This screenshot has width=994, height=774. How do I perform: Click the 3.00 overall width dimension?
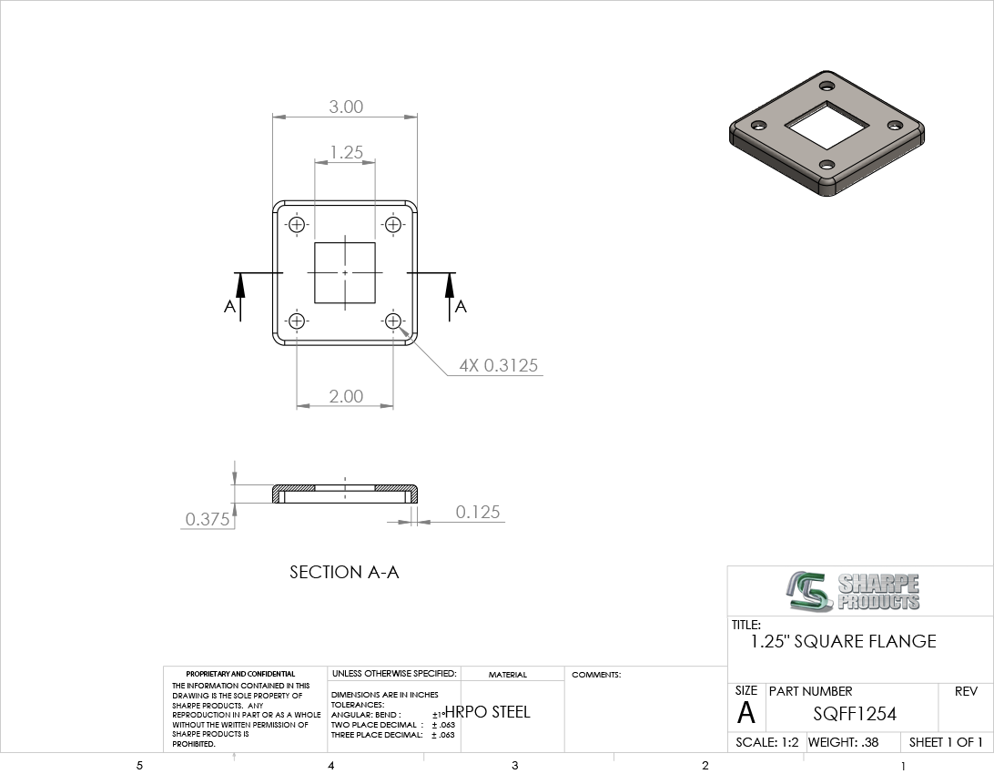click(x=346, y=107)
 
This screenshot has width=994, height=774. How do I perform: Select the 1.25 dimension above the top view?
click(x=346, y=152)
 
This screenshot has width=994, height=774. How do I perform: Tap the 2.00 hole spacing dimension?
click(x=346, y=396)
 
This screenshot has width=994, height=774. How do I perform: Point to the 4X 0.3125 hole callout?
click(x=498, y=365)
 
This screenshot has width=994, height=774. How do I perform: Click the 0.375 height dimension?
click(x=208, y=519)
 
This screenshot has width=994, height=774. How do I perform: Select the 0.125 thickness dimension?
click(x=477, y=512)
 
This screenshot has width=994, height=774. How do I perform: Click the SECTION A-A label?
click(x=344, y=572)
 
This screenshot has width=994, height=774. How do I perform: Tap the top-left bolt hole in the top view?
click(x=297, y=225)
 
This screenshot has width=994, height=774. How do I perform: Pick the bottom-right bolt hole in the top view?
click(x=393, y=321)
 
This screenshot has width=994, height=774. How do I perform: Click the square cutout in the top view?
click(x=346, y=272)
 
